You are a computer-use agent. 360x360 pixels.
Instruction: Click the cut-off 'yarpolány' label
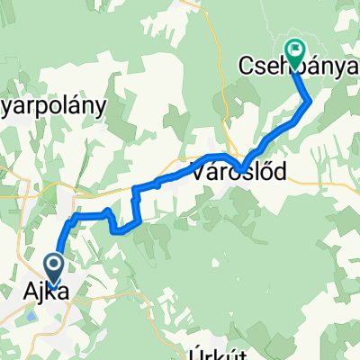[54, 103]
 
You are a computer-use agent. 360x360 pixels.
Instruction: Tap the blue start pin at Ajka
[53, 267]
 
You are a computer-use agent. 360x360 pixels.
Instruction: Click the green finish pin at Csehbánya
[294, 49]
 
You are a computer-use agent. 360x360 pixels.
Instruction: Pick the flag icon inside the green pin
[294, 49]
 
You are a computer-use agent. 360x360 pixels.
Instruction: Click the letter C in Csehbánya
[246, 66]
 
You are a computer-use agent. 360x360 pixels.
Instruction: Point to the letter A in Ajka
[30, 292]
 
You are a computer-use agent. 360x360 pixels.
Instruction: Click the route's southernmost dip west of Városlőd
[121, 229]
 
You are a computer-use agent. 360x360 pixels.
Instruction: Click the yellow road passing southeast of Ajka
[90, 310]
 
